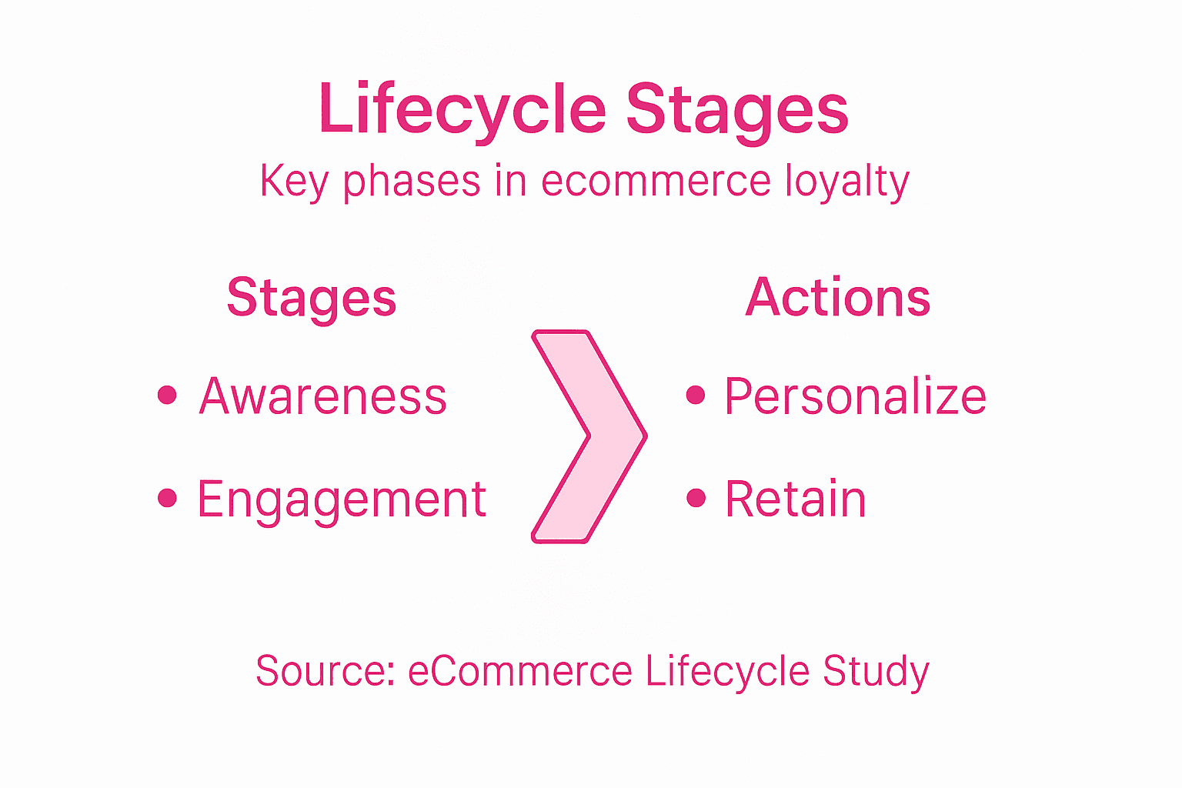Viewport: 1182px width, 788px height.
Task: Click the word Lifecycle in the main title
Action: coord(462,109)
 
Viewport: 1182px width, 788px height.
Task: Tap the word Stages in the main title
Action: coord(736,109)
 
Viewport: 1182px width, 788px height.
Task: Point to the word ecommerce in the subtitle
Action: coord(656,182)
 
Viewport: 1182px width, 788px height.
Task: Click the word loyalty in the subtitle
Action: coord(847,182)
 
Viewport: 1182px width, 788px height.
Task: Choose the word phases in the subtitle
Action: coord(412,182)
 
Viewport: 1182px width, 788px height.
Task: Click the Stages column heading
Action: coord(312,298)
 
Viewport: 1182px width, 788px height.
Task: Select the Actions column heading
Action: coord(838,297)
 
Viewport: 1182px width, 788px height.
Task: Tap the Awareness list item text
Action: coord(323,396)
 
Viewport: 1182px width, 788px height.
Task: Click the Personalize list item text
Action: coord(856,396)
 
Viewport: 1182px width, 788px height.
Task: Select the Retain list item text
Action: coord(796,499)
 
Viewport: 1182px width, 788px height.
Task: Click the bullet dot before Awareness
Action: coord(167,396)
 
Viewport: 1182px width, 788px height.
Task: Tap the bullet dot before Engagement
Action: coord(167,498)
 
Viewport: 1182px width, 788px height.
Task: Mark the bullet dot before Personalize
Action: coord(696,395)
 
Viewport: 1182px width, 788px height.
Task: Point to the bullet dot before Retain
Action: coord(696,498)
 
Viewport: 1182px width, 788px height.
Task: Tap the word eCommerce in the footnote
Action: coord(520,670)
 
